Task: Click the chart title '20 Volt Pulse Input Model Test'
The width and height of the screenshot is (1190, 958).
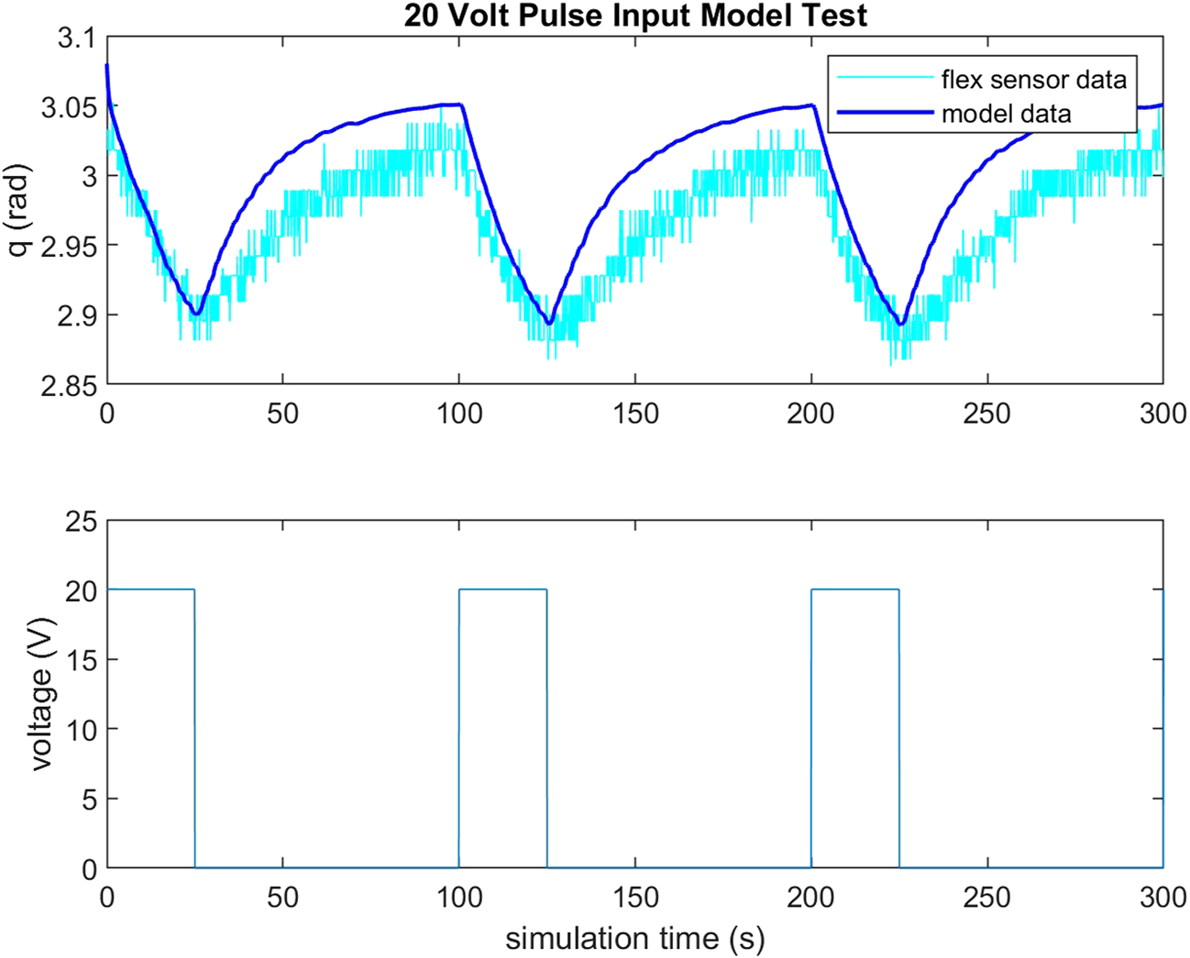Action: coord(635,16)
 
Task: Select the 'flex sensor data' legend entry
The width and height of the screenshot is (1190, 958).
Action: coord(1033,80)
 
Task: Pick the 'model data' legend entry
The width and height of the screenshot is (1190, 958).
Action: coord(1006,114)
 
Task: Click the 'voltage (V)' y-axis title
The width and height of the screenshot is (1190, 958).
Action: coord(40,695)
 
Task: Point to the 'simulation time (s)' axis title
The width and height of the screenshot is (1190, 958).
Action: coord(634,938)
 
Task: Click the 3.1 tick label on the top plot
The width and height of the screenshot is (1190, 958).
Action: coord(75,38)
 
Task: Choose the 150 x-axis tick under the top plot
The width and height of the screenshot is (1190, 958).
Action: coord(635,413)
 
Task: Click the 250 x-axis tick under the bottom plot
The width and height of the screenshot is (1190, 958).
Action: coord(987,897)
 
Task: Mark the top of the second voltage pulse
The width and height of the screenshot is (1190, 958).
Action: coord(502,589)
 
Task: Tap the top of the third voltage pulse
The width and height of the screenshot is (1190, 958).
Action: coord(854,589)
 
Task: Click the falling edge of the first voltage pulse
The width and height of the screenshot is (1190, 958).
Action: coord(194,729)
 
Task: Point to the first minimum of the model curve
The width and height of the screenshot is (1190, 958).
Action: coord(195,314)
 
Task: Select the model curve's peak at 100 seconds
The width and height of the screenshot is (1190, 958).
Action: coord(460,105)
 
